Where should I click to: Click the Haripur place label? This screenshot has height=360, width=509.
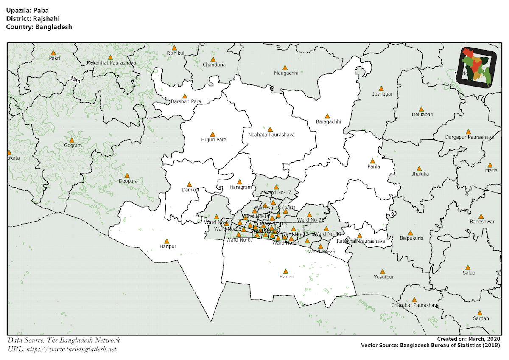click(168, 246)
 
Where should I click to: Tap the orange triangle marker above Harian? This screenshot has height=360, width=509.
click(286, 271)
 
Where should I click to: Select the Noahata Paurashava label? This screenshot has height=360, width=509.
click(271, 135)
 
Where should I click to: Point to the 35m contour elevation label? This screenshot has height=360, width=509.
click(75, 79)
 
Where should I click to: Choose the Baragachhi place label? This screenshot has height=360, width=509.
click(328, 122)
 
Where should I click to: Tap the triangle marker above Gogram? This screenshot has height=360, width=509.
click(72, 140)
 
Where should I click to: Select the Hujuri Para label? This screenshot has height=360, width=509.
click(213, 139)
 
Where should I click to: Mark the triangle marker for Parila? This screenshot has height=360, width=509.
click(372, 161)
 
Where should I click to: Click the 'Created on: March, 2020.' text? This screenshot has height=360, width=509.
click(469, 339)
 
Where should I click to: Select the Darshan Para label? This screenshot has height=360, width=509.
click(186, 102)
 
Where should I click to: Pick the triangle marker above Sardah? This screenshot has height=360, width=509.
click(480, 312)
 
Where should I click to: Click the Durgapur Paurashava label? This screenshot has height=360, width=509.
click(469, 137)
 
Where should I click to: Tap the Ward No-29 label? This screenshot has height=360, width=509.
click(322, 252)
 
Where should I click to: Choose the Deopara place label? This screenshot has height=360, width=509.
click(128, 181)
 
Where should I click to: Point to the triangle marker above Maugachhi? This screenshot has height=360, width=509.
click(285, 67)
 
